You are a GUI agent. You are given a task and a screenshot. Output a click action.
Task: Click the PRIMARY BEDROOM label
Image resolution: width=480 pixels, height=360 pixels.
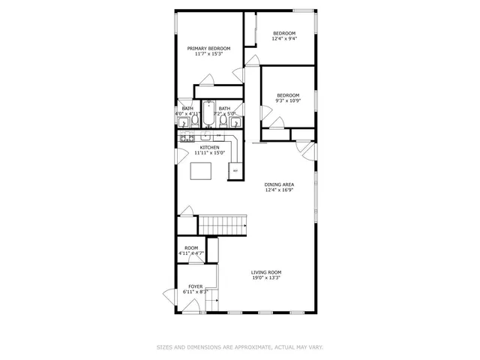point(208,48)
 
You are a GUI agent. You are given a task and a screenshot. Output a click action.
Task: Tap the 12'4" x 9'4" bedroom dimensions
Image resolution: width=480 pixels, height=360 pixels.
point(283,39)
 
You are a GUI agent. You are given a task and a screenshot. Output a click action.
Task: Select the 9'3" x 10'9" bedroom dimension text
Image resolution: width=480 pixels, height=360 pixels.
point(288,101)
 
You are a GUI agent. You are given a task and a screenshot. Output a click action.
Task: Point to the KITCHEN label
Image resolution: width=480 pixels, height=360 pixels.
point(209,147)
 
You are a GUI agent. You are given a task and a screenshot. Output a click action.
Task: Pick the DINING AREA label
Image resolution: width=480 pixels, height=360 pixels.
point(278,184)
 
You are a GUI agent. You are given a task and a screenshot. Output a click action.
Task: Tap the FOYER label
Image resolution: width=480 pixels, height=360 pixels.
point(195,286)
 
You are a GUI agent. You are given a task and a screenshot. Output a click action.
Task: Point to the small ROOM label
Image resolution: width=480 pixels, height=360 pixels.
point(191,248)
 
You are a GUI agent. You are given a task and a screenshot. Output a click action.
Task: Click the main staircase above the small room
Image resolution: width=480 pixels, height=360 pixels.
point(222,223)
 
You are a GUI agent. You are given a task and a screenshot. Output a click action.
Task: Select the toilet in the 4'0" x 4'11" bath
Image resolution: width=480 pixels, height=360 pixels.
point(194,119)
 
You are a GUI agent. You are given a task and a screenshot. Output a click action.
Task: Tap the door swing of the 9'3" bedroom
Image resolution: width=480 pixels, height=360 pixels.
point(266,112)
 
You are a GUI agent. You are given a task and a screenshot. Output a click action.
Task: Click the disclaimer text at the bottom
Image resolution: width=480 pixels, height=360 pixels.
point(240,347)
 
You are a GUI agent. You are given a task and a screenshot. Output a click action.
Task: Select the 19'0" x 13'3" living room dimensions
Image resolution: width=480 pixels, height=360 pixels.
point(266,278)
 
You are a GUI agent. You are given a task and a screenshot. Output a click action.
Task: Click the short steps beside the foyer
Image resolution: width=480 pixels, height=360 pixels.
point(211,301)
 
